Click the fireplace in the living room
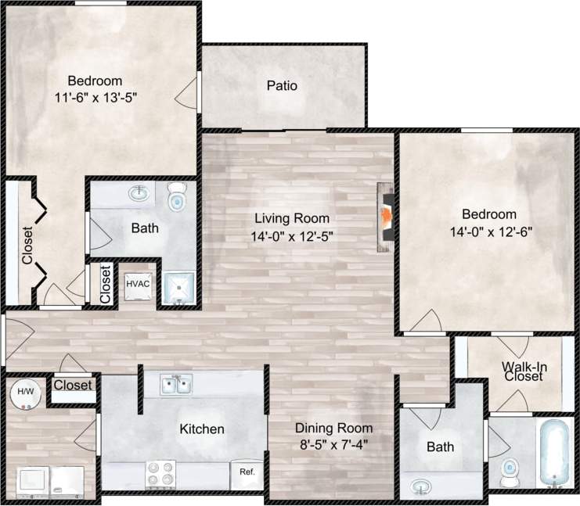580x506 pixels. pyautogui.click(x=386, y=218)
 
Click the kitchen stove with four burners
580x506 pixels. pyautogui.click(x=161, y=473)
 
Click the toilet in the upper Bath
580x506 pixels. pyautogui.click(x=178, y=196)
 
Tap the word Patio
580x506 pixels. pyautogui.click(x=282, y=85)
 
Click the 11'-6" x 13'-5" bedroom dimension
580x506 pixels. pyautogui.click(x=102, y=97)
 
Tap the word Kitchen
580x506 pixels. pyautogui.click(x=202, y=429)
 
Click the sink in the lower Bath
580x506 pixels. pyautogui.click(x=421, y=486)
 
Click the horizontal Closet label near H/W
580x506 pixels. pyautogui.click(x=73, y=385)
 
